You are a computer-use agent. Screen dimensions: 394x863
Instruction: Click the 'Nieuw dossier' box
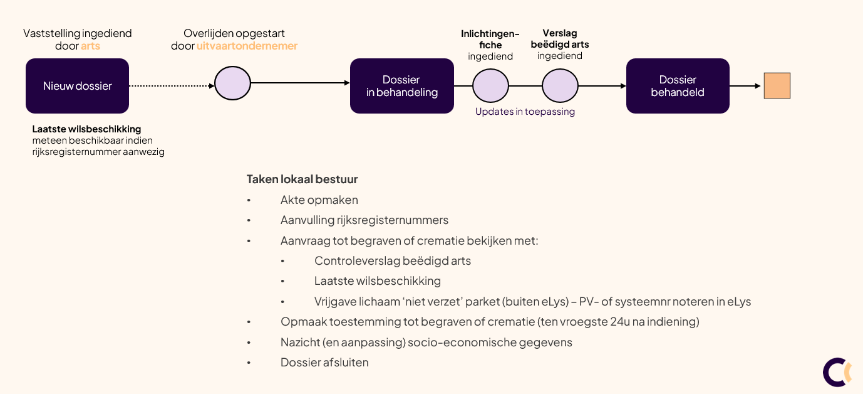77,86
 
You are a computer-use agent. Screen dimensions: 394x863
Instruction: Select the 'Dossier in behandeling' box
401,86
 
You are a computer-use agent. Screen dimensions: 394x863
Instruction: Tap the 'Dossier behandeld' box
678,86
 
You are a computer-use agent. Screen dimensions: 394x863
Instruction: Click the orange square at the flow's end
777,86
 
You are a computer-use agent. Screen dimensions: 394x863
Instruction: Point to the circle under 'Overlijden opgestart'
232,83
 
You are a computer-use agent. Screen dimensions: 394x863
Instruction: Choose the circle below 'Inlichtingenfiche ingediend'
490,86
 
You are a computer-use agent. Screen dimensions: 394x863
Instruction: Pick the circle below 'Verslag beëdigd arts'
560,86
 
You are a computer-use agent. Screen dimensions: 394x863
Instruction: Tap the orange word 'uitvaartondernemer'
247,46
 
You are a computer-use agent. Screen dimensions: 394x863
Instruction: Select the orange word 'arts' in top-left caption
90,46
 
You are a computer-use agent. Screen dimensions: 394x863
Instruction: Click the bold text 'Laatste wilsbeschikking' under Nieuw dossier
86,129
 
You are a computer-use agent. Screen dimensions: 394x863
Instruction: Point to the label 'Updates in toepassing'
525,112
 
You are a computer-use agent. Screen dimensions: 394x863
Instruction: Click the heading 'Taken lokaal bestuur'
302,179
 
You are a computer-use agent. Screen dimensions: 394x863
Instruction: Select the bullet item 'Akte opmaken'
319,200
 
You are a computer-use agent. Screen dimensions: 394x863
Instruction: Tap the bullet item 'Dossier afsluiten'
324,363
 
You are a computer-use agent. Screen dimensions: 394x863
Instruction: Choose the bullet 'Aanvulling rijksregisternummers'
364,220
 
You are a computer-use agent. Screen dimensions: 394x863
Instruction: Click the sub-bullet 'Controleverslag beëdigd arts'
392,261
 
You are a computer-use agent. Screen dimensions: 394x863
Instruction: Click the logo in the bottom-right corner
837,372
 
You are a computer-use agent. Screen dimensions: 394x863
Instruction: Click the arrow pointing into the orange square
746,86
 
